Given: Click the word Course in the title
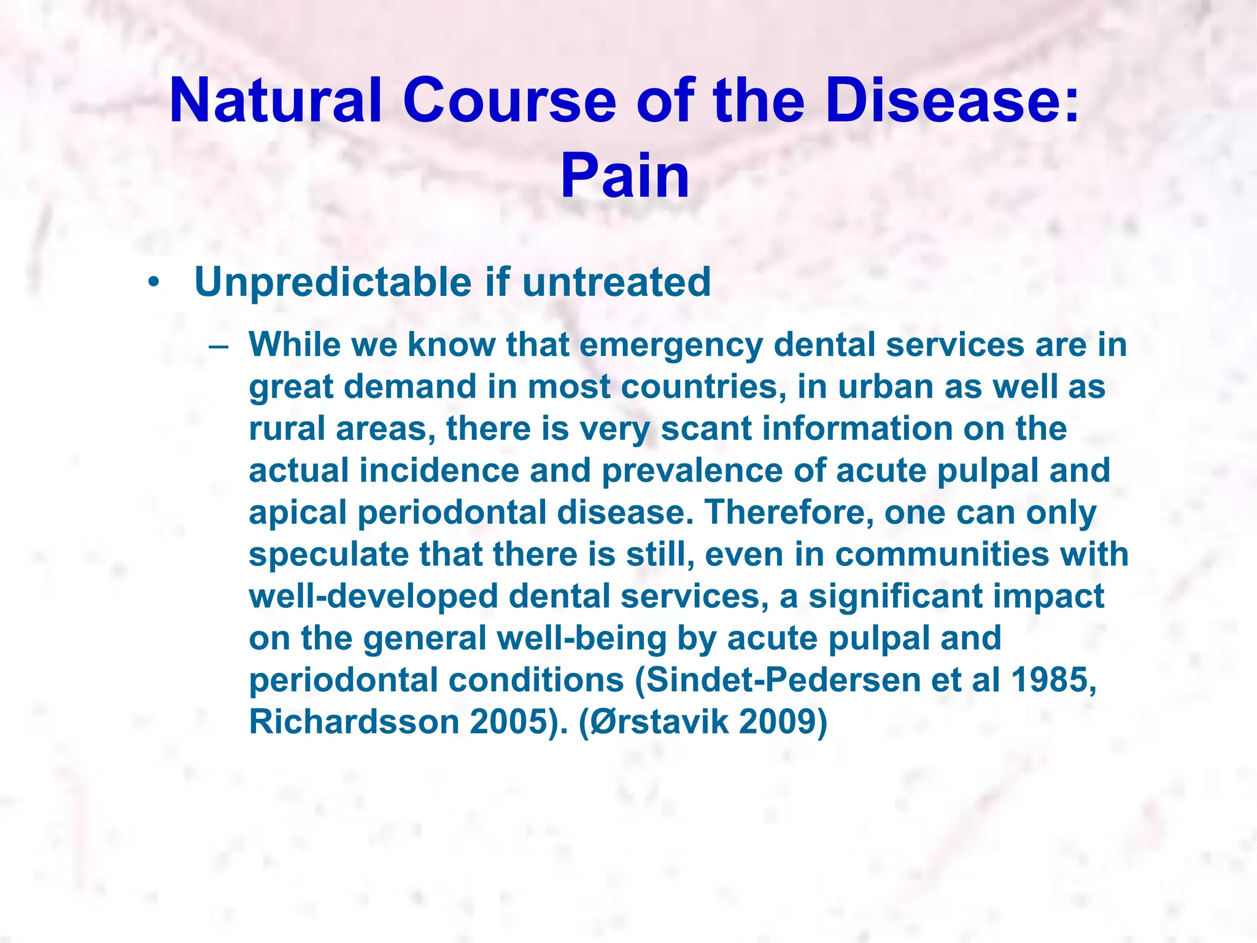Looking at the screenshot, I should [509, 101].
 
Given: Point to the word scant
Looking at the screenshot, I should [706, 429].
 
